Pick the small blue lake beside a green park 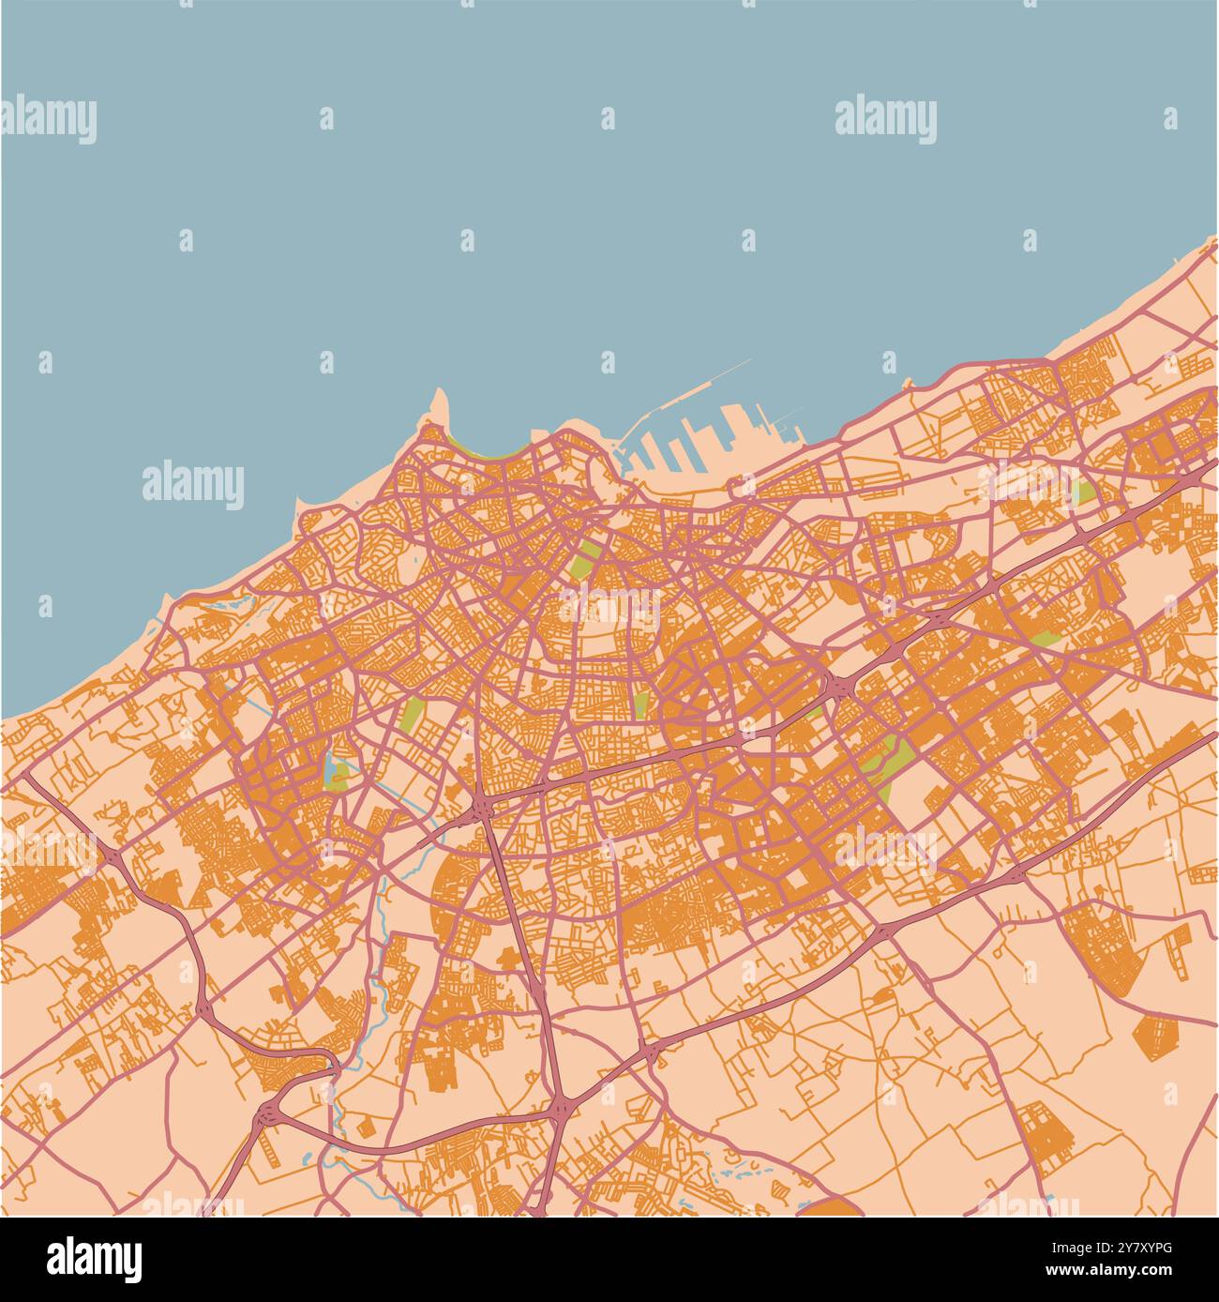[x=329, y=768]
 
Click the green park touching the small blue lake [x=341, y=775]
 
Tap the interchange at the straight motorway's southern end [x=561, y=1108]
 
